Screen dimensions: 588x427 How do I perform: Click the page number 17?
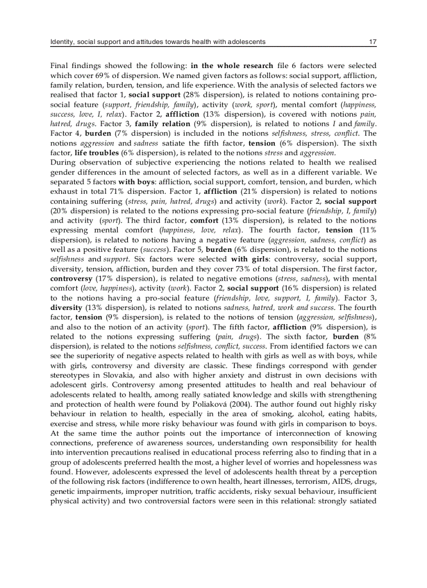(x=373, y=41)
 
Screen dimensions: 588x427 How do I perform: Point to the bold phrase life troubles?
(x=97, y=152)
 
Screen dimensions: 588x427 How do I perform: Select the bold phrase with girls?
(x=246, y=259)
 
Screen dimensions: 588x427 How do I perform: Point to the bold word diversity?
(x=66, y=307)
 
